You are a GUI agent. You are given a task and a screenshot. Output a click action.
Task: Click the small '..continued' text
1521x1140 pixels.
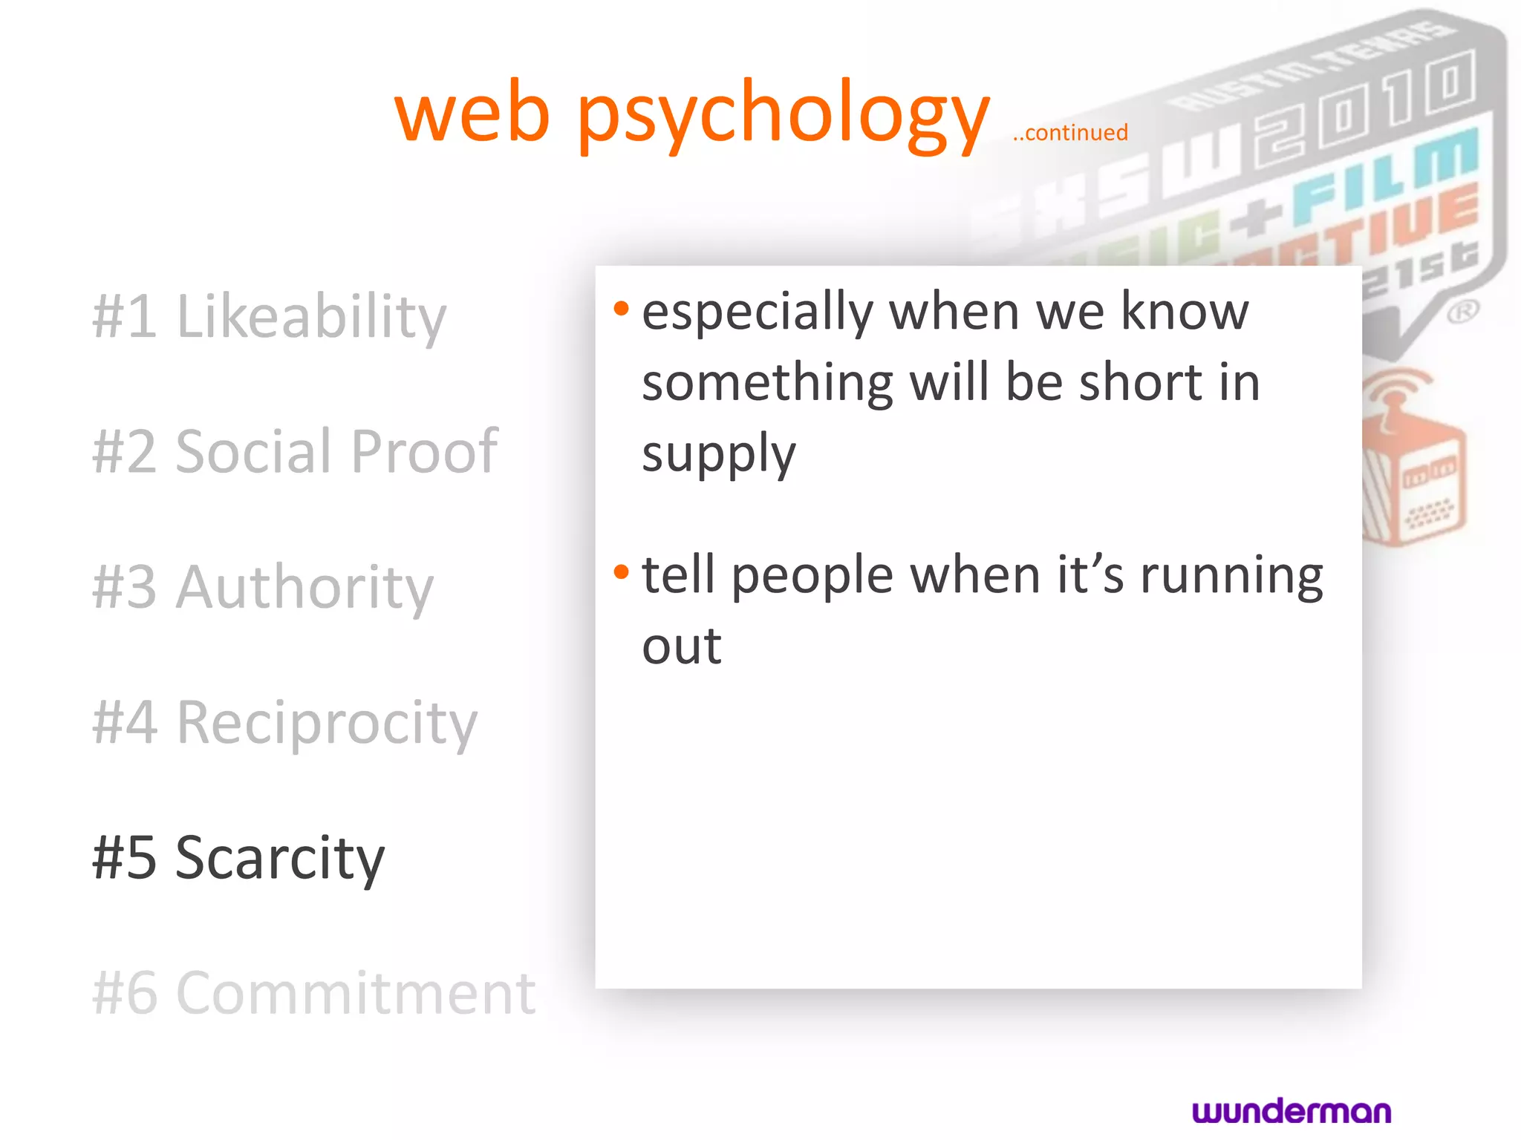click(x=1070, y=133)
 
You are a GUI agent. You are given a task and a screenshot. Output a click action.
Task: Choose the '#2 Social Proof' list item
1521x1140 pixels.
click(x=295, y=451)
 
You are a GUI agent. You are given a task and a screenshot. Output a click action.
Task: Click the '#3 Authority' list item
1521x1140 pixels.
click(x=263, y=587)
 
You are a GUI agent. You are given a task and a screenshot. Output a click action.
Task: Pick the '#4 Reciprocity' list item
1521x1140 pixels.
click(x=284, y=722)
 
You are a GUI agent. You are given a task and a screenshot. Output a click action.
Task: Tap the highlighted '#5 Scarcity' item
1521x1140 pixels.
click(x=238, y=857)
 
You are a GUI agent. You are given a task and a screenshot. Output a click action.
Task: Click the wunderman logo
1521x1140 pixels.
click(x=1292, y=1111)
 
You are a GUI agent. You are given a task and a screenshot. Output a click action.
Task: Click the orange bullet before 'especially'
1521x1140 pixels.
click(x=622, y=307)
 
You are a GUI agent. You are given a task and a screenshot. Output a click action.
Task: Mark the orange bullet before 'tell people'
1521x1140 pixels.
click(x=622, y=571)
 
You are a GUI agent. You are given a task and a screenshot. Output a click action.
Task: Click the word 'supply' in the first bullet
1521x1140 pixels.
click(x=718, y=454)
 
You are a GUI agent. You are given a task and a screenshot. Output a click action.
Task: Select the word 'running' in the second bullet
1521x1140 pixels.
click(x=1231, y=575)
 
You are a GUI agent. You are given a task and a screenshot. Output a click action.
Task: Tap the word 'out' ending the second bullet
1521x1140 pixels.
click(x=682, y=646)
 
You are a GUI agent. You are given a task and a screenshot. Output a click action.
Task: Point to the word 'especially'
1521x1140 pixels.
click(x=757, y=312)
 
